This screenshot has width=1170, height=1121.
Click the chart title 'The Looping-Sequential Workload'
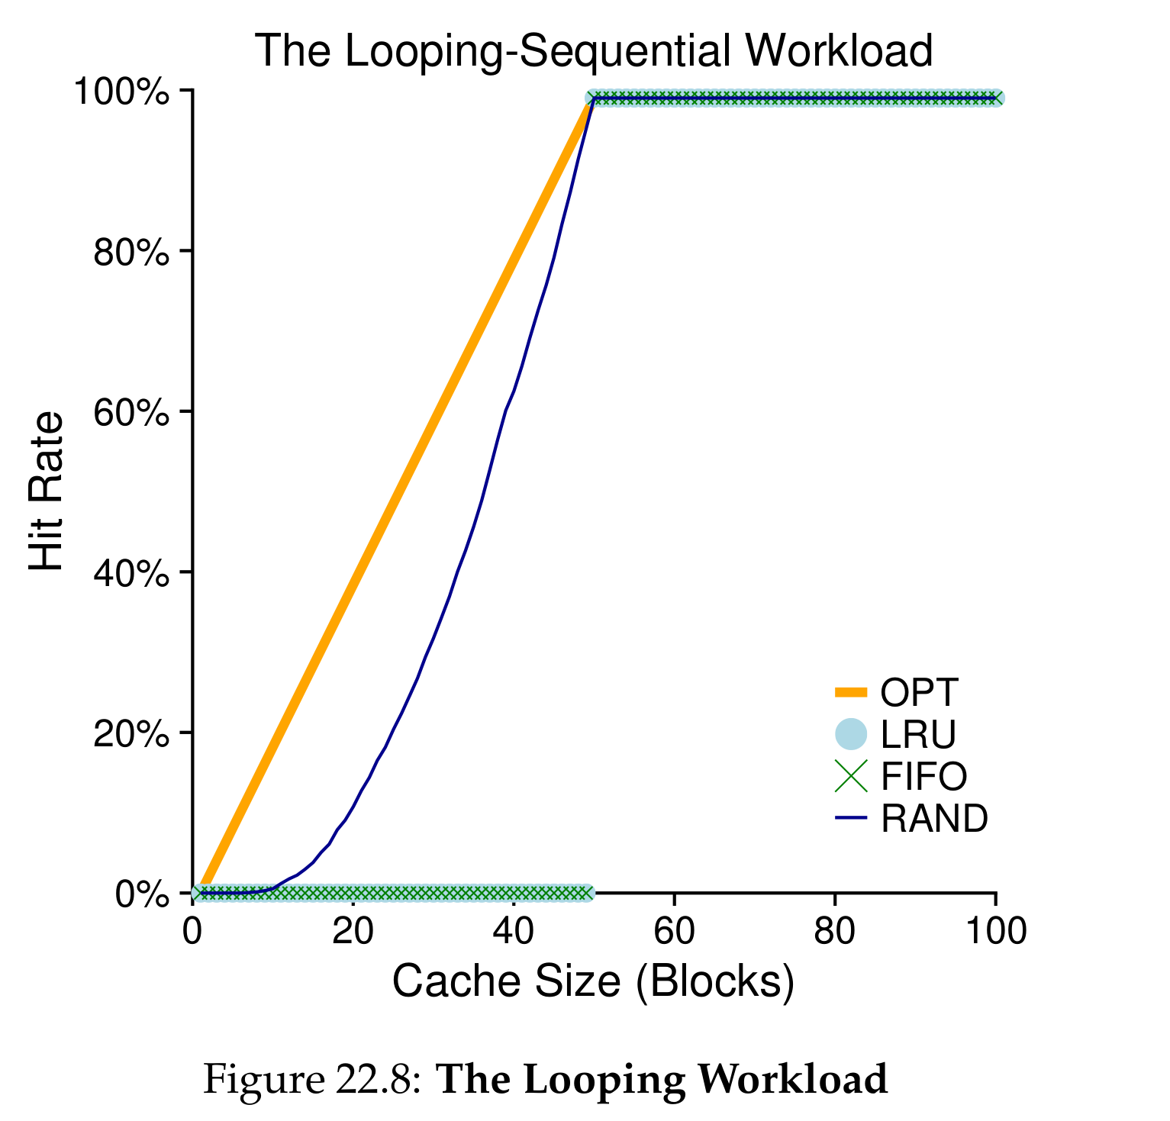click(x=593, y=51)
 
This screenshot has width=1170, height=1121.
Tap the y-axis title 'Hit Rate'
click(x=47, y=491)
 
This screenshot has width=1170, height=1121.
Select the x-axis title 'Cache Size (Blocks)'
click(x=593, y=981)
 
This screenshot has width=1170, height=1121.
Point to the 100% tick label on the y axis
click(x=121, y=92)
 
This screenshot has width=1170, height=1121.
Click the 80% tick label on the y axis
click(x=131, y=253)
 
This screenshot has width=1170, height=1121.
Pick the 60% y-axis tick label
click(x=131, y=413)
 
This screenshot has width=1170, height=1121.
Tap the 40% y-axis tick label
click(x=131, y=573)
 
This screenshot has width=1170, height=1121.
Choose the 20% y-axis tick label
click(x=131, y=733)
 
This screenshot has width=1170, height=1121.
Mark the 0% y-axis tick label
click(x=141, y=894)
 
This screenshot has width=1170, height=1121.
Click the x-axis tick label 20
click(x=353, y=932)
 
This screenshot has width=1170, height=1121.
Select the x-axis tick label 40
click(x=513, y=932)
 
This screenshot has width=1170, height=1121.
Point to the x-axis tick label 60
click(x=674, y=932)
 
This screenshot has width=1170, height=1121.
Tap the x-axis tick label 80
click(x=834, y=932)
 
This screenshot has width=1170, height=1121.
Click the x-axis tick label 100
click(x=994, y=932)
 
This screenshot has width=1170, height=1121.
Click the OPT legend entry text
click(x=918, y=693)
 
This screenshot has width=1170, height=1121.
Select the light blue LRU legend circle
click(x=850, y=734)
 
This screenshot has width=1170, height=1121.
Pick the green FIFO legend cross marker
click(x=850, y=777)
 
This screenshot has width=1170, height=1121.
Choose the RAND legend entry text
click(x=933, y=819)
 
